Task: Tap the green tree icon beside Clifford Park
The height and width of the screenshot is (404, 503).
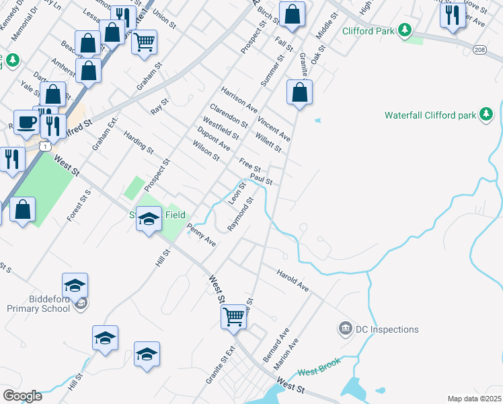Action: click(x=404, y=30)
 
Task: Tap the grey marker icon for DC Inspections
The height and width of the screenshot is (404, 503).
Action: click(x=346, y=329)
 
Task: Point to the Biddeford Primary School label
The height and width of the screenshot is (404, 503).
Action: click(x=40, y=304)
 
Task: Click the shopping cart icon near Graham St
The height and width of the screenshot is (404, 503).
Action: click(x=144, y=42)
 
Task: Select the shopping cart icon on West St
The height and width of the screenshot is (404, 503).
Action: click(x=233, y=314)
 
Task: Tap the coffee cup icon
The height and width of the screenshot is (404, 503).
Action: click(x=26, y=122)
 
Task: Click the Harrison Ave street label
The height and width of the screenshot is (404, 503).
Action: click(x=239, y=99)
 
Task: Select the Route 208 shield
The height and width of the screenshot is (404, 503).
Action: click(x=479, y=50)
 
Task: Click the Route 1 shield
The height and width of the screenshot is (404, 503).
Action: click(x=44, y=146)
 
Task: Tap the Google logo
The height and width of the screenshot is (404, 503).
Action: click(x=22, y=396)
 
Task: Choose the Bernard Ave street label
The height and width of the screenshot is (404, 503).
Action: click(x=276, y=345)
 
